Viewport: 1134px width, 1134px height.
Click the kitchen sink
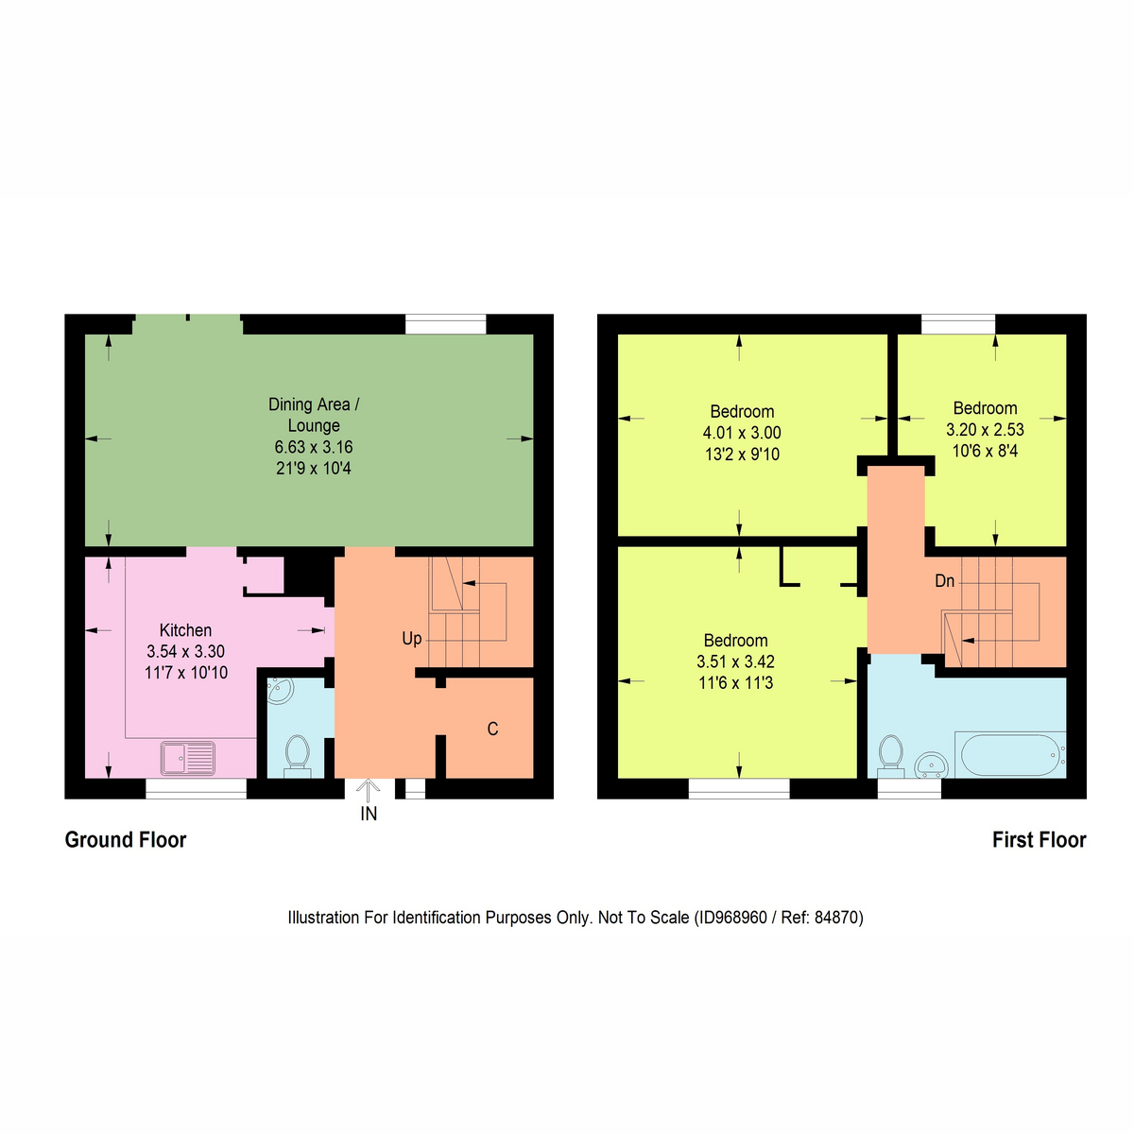(x=188, y=756)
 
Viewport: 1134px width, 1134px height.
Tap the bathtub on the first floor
(x=1008, y=754)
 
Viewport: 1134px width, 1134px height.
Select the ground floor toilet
(x=297, y=754)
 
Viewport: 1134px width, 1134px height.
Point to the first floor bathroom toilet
(x=890, y=753)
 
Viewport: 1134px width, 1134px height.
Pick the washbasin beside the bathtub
(x=932, y=764)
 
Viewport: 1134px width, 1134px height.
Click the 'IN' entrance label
(x=369, y=814)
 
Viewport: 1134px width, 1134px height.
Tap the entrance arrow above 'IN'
(x=369, y=789)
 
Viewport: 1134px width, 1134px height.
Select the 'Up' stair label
(x=412, y=639)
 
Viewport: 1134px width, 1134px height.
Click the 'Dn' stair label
(x=944, y=581)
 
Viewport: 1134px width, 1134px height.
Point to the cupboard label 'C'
(x=492, y=730)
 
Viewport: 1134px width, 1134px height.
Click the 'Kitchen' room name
(x=185, y=630)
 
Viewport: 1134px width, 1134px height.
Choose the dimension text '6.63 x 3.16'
(x=314, y=447)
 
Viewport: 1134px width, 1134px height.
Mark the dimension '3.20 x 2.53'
(x=985, y=430)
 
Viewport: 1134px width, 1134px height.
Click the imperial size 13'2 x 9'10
(x=742, y=455)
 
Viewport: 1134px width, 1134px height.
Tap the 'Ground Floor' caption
(x=126, y=840)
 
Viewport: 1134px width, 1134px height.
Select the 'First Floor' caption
(x=1039, y=840)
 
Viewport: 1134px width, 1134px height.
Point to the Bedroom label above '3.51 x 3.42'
(x=735, y=641)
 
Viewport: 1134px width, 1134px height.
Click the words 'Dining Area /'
(x=314, y=404)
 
